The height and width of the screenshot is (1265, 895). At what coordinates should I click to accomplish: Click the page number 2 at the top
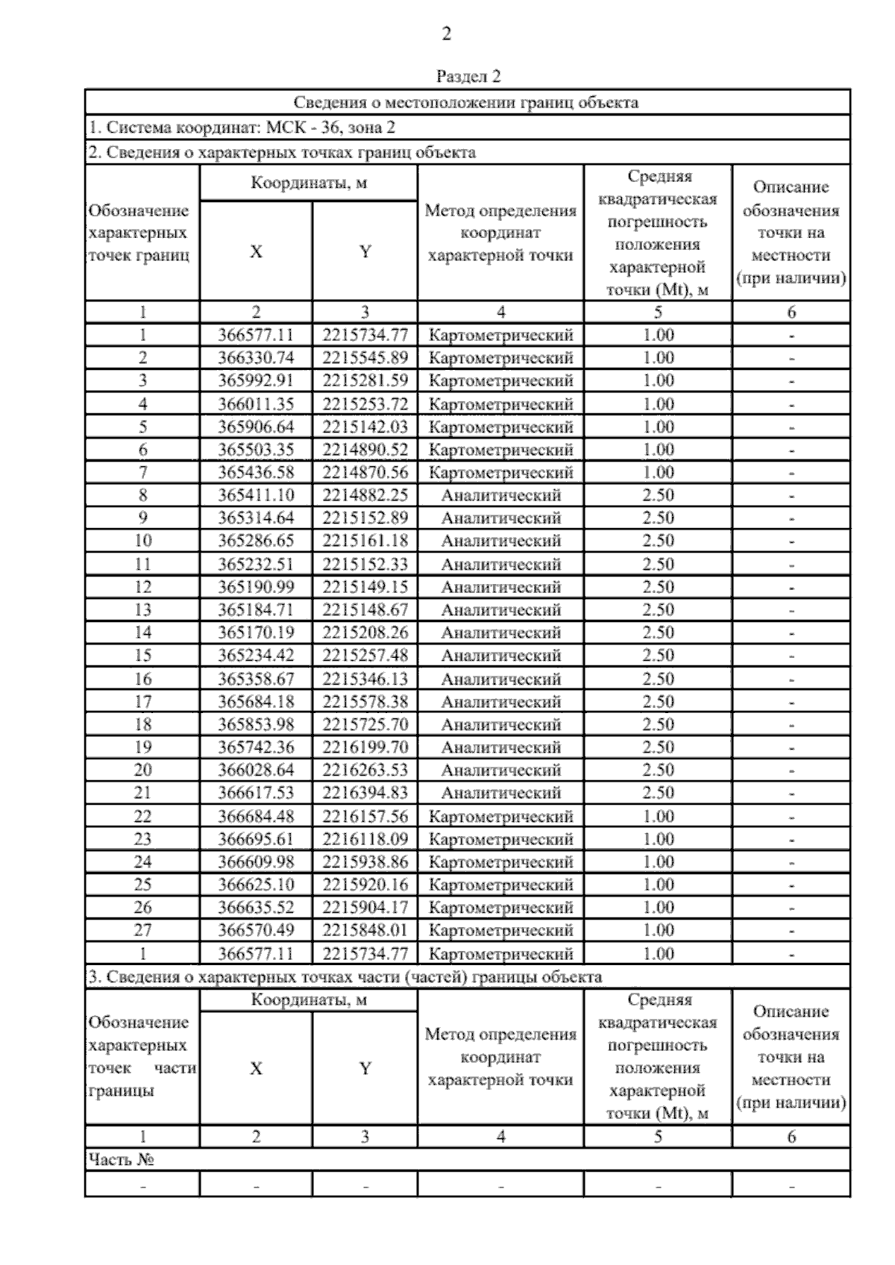coord(447,34)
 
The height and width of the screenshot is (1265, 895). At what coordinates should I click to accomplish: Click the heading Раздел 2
coord(468,77)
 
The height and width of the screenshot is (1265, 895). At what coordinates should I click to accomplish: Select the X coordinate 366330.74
coord(256,358)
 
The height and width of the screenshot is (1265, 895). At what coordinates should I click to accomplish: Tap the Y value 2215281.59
coord(365,381)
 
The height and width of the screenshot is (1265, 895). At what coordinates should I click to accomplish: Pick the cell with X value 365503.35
coord(256,450)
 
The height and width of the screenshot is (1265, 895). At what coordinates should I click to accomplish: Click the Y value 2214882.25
coord(365,495)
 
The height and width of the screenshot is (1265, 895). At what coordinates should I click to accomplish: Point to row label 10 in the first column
coord(142,542)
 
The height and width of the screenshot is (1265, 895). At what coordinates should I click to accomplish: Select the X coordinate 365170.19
coord(256,633)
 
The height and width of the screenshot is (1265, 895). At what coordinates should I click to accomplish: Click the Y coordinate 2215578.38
coord(365,702)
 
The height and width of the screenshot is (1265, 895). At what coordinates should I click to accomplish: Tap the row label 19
coord(142,747)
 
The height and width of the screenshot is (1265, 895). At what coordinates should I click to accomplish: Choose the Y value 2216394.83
coord(365,793)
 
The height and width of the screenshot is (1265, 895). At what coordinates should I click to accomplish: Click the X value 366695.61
coord(256,839)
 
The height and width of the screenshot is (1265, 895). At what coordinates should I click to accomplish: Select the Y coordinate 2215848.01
coord(365,930)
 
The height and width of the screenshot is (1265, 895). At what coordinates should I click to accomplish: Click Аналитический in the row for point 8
coord(500,495)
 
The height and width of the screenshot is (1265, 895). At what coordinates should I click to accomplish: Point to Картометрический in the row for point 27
coord(500,931)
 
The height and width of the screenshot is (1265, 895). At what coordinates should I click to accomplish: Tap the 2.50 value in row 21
coord(658,793)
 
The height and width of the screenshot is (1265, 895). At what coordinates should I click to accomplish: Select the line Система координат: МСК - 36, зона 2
coord(242,128)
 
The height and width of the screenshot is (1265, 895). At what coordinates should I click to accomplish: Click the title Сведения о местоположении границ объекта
coord(466,102)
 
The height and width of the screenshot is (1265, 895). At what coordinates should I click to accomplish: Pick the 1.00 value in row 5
coord(658,427)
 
